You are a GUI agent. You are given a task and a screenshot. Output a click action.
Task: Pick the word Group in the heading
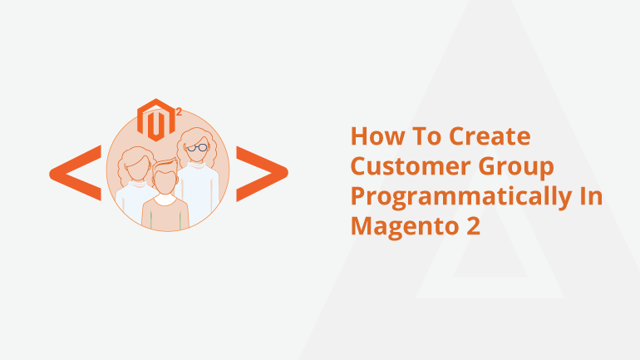[x=516, y=168]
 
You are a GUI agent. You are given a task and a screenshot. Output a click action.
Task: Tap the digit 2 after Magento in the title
[x=473, y=225]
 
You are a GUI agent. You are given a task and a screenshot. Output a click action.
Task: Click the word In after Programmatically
[x=592, y=196]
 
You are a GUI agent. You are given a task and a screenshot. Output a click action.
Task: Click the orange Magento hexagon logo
[x=156, y=120]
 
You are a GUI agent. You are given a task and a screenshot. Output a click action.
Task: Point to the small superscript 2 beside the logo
[x=179, y=112]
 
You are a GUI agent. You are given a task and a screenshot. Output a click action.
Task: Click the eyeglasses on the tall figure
[x=198, y=147]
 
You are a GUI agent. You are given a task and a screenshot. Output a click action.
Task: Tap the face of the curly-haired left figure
[x=136, y=168]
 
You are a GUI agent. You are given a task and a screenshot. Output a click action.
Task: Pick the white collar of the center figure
[x=165, y=200]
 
